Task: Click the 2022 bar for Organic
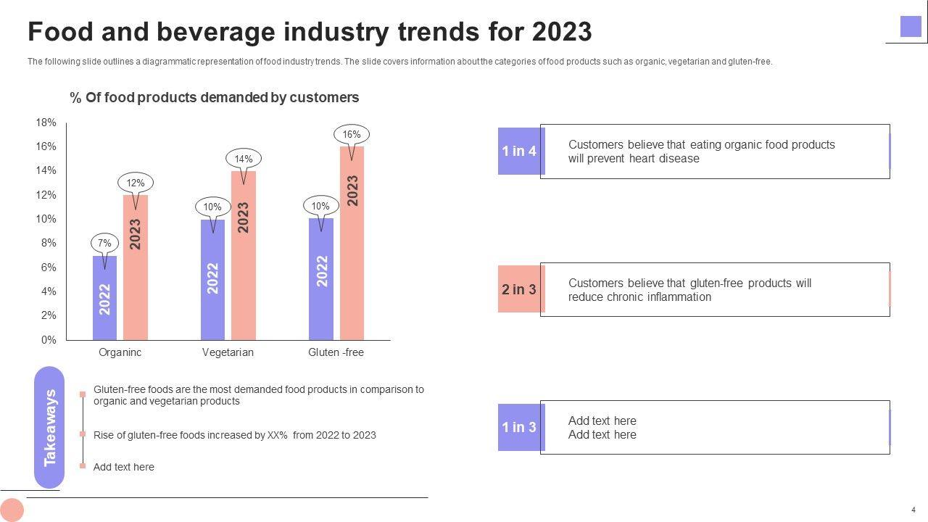(105, 297)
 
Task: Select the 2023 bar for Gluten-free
(352, 243)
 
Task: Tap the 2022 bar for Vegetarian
(212, 279)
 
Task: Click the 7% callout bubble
(104, 244)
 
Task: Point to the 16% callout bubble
(352, 135)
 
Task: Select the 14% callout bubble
(244, 159)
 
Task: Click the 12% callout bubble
(136, 183)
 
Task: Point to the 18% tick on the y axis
(46, 123)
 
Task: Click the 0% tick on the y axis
(49, 340)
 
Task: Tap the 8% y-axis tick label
(49, 244)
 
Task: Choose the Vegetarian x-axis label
(228, 352)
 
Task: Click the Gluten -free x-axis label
(336, 352)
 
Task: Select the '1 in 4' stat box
(519, 151)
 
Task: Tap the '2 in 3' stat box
(519, 289)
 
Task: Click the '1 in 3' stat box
(519, 427)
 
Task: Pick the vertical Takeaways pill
(49, 428)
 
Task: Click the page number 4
(913, 510)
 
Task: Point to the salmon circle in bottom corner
(12, 510)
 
